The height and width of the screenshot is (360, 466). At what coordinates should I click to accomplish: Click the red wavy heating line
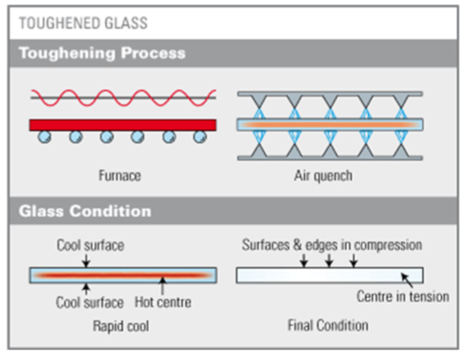(x=118, y=97)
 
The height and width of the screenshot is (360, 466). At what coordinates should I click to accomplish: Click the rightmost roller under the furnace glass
(x=199, y=137)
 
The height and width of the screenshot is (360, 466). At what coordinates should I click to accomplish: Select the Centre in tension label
(x=403, y=297)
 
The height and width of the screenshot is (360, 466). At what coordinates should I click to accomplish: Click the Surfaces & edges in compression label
(x=331, y=245)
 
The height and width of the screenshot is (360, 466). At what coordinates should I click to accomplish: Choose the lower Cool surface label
(x=87, y=302)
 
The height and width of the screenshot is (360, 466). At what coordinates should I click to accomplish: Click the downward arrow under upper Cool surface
(x=87, y=260)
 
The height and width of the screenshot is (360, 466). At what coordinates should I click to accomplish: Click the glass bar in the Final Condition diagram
(x=331, y=275)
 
